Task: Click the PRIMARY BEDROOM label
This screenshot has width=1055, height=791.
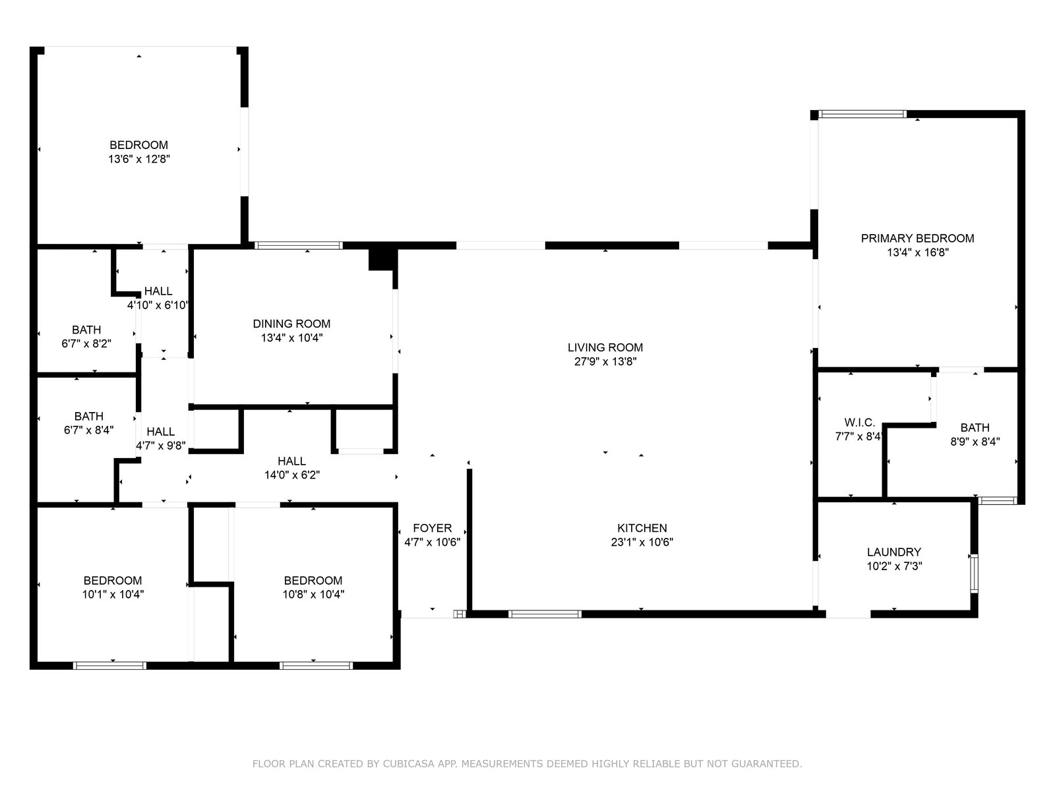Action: [917, 238]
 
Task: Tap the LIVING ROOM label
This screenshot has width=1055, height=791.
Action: [605, 347]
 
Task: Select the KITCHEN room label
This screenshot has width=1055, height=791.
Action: [642, 528]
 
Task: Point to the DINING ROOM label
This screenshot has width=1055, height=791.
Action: [291, 324]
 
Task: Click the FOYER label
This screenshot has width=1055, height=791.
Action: [432, 528]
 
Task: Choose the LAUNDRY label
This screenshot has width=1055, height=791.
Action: [894, 552]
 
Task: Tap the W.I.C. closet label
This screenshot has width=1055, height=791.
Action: [859, 423]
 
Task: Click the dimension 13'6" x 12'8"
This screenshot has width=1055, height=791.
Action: [139, 159]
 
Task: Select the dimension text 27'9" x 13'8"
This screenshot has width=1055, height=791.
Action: [605, 361]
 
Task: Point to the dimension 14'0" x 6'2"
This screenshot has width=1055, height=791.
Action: [291, 475]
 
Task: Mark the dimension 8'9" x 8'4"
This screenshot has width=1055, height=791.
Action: [975, 442]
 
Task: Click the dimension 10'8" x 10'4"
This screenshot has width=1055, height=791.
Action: [313, 595]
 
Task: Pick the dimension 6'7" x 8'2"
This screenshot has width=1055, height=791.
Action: [86, 344]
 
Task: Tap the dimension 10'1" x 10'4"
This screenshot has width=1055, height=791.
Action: [113, 595]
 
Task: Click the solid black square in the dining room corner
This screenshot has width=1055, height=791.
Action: [382, 259]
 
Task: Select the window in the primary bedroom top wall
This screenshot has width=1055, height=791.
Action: [862, 114]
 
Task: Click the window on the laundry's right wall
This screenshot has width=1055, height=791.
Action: [974, 574]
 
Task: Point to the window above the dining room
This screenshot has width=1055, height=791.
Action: [299, 245]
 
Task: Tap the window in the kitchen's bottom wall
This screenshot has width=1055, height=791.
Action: [545, 614]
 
